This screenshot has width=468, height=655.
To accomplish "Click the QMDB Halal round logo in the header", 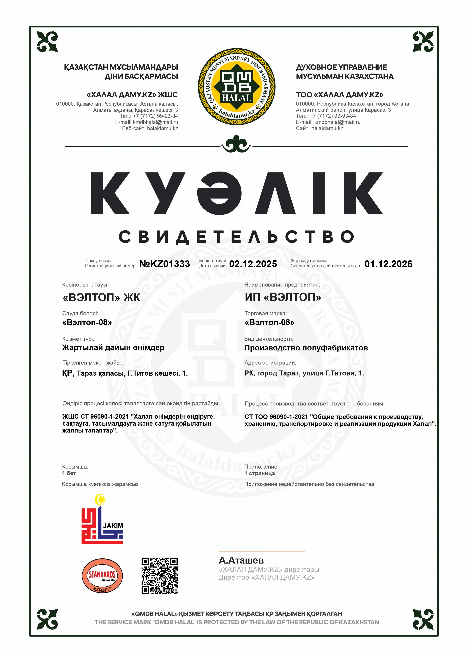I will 236,87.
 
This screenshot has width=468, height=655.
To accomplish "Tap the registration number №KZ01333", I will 165,264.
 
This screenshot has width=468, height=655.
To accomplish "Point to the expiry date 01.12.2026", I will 388,264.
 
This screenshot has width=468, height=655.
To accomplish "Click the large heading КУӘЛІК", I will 236,193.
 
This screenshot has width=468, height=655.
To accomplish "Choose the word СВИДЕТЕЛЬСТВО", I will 236,237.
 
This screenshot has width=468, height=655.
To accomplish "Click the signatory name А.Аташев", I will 241,560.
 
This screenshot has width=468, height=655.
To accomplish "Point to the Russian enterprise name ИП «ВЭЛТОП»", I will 283,297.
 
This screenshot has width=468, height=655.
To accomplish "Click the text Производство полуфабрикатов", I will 306,348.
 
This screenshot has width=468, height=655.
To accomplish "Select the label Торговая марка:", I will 265,313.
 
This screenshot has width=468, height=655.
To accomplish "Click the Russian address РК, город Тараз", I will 304,373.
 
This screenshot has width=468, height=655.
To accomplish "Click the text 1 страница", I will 259,473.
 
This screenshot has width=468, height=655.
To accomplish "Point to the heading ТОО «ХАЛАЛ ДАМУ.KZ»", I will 339,95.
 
